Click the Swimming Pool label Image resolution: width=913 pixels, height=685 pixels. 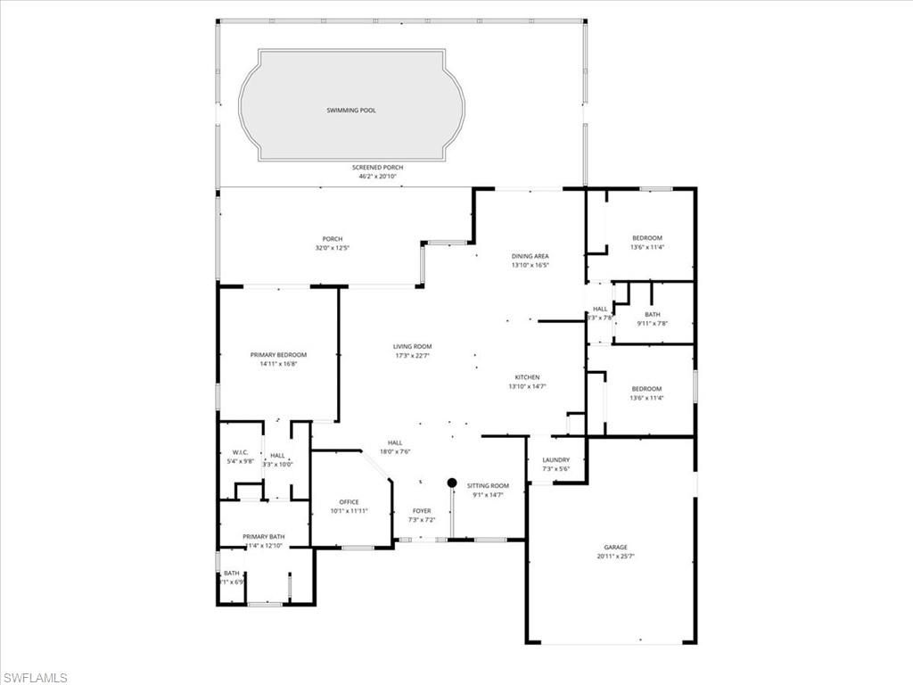[x=350, y=111]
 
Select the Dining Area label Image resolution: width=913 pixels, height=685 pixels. [x=530, y=256]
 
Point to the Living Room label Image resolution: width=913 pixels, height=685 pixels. [x=413, y=346]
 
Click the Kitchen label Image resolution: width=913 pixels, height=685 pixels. [x=527, y=377]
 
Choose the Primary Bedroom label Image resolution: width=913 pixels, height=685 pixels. [x=277, y=355]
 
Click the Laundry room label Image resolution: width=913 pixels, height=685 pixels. [x=555, y=460]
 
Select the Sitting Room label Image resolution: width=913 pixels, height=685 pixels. [x=487, y=485]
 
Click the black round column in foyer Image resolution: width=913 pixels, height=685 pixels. [x=452, y=483]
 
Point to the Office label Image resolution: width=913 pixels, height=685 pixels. [x=349, y=502]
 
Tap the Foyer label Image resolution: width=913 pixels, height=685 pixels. [x=421, y=511]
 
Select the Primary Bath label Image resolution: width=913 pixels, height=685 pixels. [x=263, y=536]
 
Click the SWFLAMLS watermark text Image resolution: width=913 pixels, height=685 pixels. [x=35, y=678]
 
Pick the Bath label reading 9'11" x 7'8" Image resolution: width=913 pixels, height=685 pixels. [x=652, y=324]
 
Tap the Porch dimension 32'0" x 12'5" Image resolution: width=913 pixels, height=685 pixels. [x=332, y=248]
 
